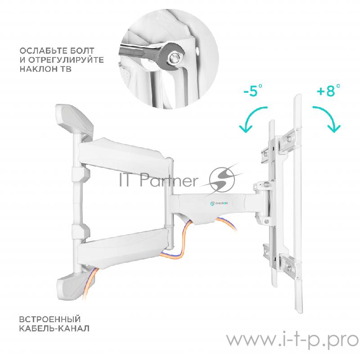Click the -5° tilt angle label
[x=253, y=90]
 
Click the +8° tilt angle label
[x=328, y=90]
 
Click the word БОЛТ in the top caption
[x=82, y=51]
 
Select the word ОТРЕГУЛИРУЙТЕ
[x=66, y=60]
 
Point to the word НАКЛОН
[x=38, y=69]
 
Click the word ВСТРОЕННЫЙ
[x=50, y=319]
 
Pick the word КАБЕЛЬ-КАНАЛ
[x=54, y=328]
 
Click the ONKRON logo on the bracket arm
[x=219, y=203]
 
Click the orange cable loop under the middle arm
[x=181, y=243]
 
